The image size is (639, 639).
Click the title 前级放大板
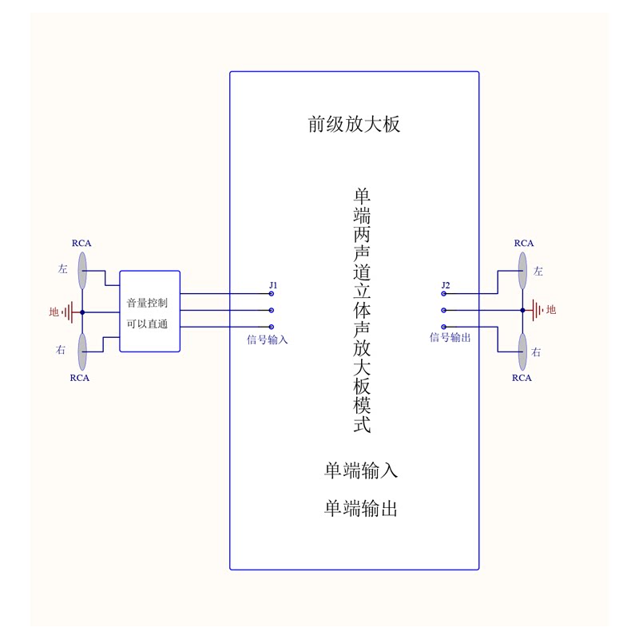pyautogui.click(x=354, y=125)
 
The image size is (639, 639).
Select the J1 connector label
pyautogui.click(x=272, y=285)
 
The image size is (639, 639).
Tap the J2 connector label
pyautogui.click(x=446, y=285)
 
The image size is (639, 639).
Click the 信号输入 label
pyautogui.click(x=267, y=339)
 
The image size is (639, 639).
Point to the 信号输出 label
pyautogui.click(x=450, y=337)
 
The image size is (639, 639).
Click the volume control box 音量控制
pyautogui.click(x=149, y=312)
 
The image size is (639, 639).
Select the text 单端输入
pyautogui.click(x=360, y=471)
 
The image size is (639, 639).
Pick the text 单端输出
pyautogui.click(x=360, y=509)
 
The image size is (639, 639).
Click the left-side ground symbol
pyautogui.click(x=72, y=312)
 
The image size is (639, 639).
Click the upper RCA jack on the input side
pyautogui.click(x=82, y=270)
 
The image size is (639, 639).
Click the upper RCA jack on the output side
pyautogui.click(x=522, y=270)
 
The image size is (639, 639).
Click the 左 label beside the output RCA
pyautogui.click(x=538, y=272)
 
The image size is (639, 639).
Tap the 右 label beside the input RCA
pyautogui.click(x=62, y=350)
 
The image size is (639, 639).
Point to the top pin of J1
pyautogui.click(x=272, y=294)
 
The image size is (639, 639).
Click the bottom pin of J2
pyautogui.click(x=444, y=326)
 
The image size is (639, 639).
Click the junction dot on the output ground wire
pyautogui.click(x=522, y=310)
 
